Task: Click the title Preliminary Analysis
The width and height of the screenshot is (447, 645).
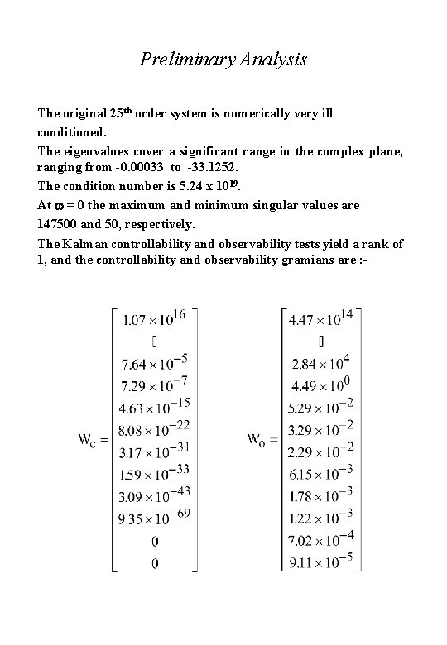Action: click(x=223, y=60)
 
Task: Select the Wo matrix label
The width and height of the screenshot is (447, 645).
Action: click(x=262, y=440)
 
